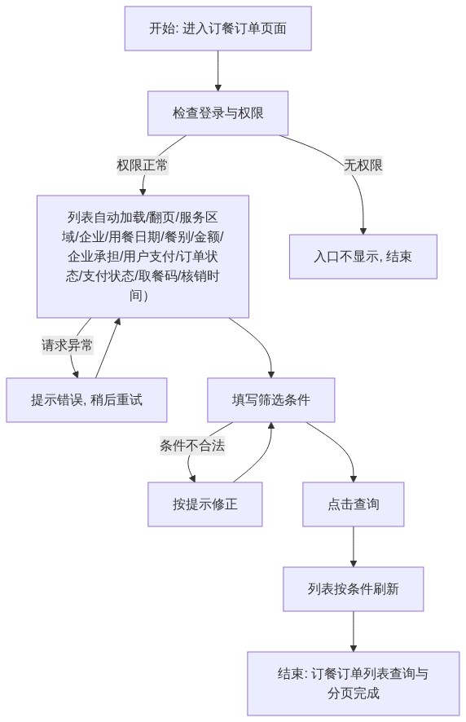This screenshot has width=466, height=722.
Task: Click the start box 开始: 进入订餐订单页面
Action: [x=218, y=29]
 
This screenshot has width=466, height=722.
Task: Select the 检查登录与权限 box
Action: [x=218, y=112]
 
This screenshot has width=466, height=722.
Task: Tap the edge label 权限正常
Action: [x=143, y=165]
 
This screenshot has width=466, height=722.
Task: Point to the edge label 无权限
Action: [x=363, y=165]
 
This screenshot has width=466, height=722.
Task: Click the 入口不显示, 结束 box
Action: [x=363, y=257]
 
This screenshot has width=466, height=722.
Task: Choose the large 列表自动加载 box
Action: [x=143, y=257]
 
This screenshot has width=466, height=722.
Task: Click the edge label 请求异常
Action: [x=68, y=345]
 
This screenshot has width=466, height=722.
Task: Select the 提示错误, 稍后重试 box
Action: [x=86, y=399]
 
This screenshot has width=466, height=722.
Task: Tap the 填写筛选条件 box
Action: [x=270, y=399]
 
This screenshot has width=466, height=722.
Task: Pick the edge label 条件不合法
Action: [x=192, y=445]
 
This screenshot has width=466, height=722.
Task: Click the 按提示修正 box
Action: [x=205, y=504]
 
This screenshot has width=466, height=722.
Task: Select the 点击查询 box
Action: [x=354, y=504]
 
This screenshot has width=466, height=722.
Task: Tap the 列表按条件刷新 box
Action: [x=354, y=589]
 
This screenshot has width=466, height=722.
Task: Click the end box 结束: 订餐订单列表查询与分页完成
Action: [x=354, y=684]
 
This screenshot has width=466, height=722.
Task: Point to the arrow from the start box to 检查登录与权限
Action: [x=218, y=71]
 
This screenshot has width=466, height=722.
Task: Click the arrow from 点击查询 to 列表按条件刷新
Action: [x=354, y=547]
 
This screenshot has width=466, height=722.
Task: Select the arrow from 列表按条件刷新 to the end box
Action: [x=354, y=632]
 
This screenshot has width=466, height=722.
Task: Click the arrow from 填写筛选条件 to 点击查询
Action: [x=340, y=443]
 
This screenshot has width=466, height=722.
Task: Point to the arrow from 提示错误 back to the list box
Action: [x=108, y=348]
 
